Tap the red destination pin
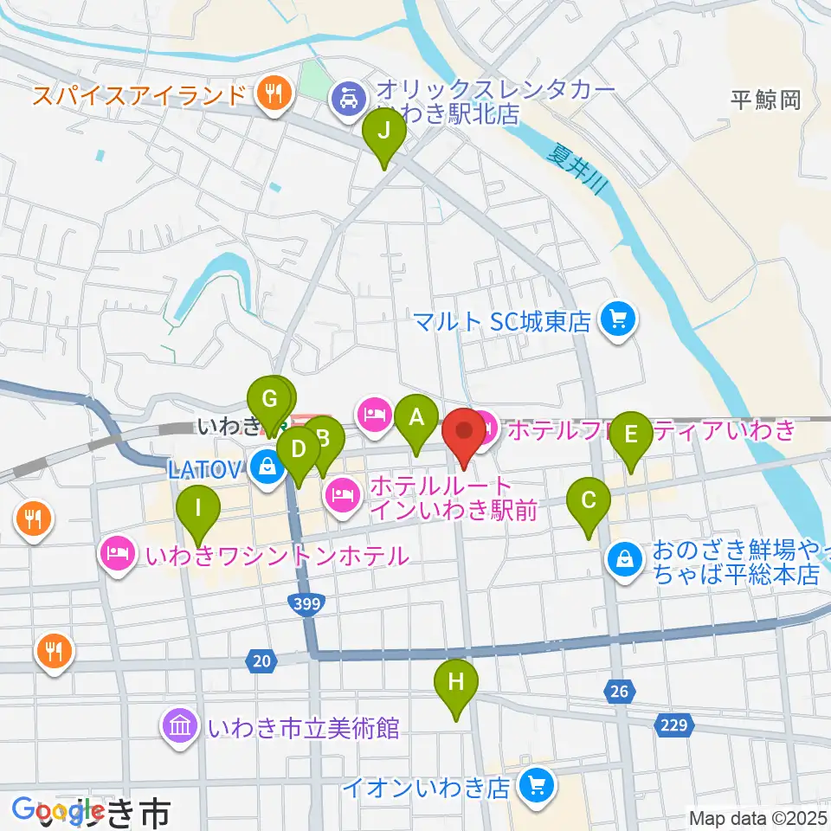[464, 431]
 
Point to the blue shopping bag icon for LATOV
[267, 468]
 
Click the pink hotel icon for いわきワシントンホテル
[119, 552]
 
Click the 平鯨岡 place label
[764, 100]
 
